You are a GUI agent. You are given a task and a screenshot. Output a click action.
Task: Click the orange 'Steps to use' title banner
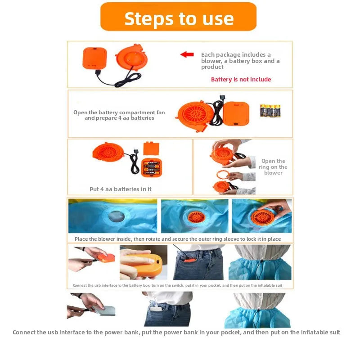[x=178, y=17]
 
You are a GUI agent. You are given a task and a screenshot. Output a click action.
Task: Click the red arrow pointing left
[x=187, y=54]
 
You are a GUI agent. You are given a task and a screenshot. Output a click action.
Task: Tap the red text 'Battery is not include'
[x=241, y=80]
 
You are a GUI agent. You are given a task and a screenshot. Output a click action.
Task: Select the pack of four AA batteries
[x=270, y=111]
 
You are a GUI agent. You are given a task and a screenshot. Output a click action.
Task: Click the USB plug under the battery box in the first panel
[x=98, y=72]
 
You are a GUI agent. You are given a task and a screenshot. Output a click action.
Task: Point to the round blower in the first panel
[x=131, y=57]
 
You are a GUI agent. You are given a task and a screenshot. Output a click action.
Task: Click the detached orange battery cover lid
[x=151, y=148]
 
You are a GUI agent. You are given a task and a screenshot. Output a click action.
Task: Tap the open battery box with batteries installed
[x=152, y=167]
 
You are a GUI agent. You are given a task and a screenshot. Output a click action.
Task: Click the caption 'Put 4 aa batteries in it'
[x=121, y=189]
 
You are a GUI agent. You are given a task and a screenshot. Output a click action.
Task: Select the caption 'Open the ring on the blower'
[x=273, y=167]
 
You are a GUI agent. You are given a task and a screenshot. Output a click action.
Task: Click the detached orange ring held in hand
[x=222, y=175]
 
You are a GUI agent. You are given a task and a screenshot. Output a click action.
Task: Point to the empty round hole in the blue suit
[x=117, y=216]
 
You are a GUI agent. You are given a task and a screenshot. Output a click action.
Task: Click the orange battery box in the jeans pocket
[x=190, y=261]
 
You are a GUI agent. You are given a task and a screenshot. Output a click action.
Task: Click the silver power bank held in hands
[x=104, y=310]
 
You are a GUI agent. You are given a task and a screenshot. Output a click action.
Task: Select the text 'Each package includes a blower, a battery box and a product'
[x=240, y=61]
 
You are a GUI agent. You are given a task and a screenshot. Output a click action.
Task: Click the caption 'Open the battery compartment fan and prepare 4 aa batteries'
[x=119, y=115]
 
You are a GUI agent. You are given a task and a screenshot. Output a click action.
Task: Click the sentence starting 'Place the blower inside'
[x=178, y=239]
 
